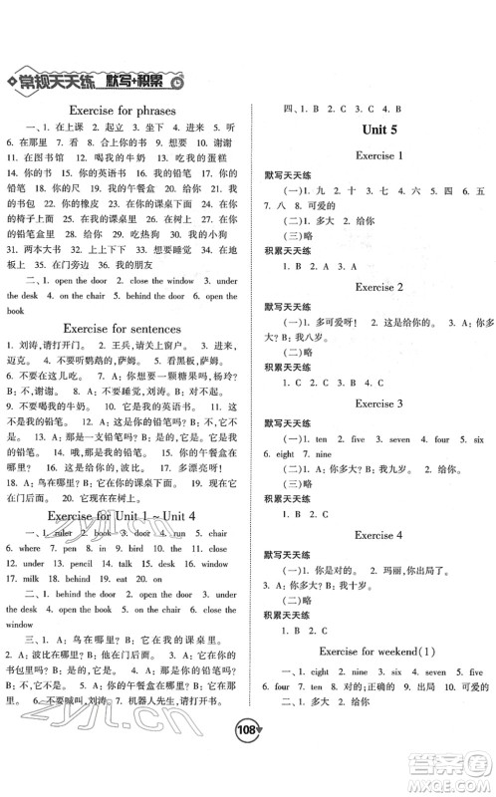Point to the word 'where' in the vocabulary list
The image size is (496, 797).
[30, 548]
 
